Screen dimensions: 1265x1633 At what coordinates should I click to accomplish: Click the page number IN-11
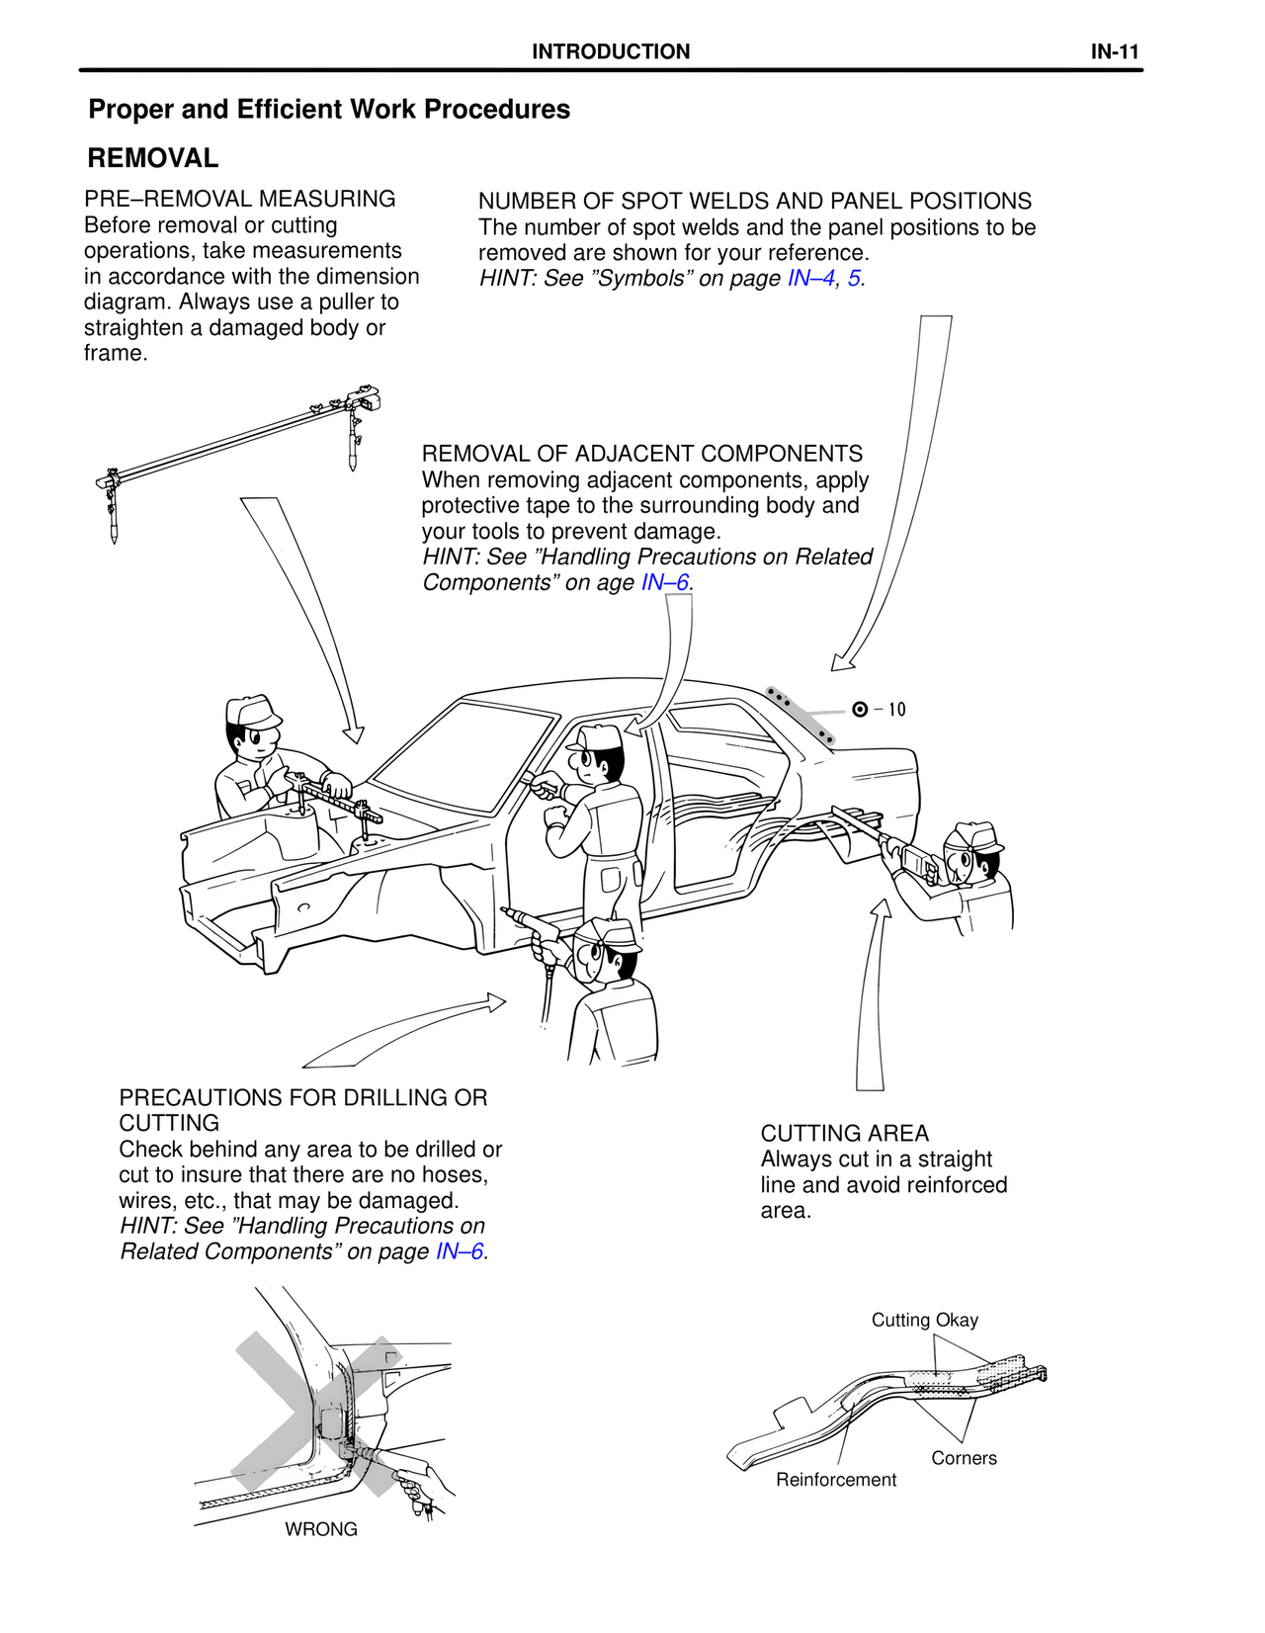pyautogui.click(x=1114, y=51)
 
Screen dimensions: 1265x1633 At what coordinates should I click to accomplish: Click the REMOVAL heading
pyautogui.click(x=152, y=158)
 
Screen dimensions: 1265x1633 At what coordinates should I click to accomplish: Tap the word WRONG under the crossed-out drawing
pyautogui.click(x=321, y=1529)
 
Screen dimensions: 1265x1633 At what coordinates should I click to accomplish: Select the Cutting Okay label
pyautogui.click(x=924, y=1321)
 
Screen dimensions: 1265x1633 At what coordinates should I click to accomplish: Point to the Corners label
pyautogui.click(x=964, y=1458)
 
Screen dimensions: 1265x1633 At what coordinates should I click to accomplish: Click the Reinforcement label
pyautogui.click(x=835, y=1480)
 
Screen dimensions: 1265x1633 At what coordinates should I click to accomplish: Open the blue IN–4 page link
pyautogui.click(x=810, y=278)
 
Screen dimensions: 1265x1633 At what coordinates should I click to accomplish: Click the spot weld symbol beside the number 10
pyautogui.click(x=860, y=710)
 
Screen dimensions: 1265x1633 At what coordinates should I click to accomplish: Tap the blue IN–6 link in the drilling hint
pyautogui.click(x=459, y=1251)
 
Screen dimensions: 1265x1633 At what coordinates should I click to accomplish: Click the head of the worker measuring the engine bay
pyautogui.click(x=253, y=729)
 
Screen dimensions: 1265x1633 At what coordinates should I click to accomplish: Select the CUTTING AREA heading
pyautogui.click(x=844, y=1133)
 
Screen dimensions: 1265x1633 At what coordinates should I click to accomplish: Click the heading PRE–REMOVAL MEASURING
pyautogui.click(x=239, y=199)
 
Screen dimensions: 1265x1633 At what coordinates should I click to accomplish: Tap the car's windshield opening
pyautogui.click(x=464, y=756)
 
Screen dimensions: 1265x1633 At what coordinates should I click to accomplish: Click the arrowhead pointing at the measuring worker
pyautogui.click(x=353, y=733)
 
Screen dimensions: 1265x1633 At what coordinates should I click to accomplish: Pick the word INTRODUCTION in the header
pyautogui.click(x=611, y=51)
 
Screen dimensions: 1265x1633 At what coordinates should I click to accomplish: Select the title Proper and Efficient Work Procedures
pyautogui.click(x=329, y=110)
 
